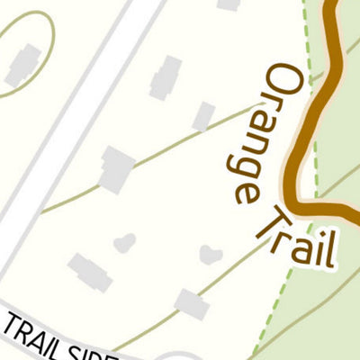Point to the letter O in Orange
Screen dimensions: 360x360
(283, 81)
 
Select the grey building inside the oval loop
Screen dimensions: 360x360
(22, 65)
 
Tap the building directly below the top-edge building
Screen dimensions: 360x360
(166, 77)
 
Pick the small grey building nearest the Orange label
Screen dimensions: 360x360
(204, 115)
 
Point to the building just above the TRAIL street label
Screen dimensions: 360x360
(90, 272)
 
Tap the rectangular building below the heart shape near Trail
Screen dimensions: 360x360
(192, 304)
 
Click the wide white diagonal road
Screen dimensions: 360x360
(72, 135)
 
